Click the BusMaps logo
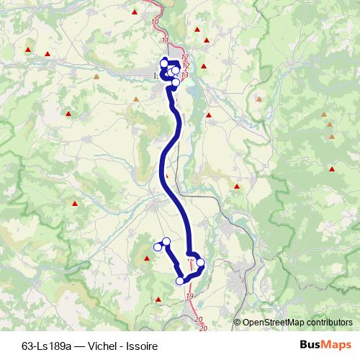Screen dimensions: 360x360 click(x=325, y=345)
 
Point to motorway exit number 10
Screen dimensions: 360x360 click(x=156, y=22)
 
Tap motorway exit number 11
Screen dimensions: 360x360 click(x=167, y=40)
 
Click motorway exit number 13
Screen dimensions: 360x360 click(x=185, y=75)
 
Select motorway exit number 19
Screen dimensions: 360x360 click(x=189, y=297)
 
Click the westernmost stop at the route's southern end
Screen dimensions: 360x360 click(x=158, y=248)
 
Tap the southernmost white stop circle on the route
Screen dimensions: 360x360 click(x=179, y=281)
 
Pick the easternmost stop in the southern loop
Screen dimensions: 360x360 click(x=201, y=263)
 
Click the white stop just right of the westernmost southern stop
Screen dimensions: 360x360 click(x=166, y=241)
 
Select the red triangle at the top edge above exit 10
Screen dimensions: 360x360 click(x=135, y=12)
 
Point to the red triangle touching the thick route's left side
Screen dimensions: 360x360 click(x=167, y=174)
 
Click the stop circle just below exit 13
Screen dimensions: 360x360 click(x=176, y=83)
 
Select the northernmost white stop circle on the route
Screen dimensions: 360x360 click(x=164, y=61)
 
